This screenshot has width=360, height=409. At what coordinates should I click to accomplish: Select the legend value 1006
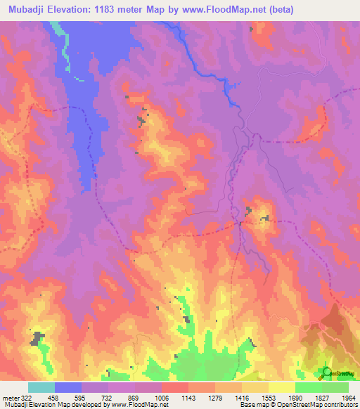[x=162, y=398]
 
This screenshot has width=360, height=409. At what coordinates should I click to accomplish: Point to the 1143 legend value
[x=189, y=398]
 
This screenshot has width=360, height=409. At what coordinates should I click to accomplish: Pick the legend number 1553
[x=269, y=398]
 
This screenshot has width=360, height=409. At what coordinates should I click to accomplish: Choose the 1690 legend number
[x=295, y=398]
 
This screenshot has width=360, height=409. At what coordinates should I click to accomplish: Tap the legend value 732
[x=108, y=398]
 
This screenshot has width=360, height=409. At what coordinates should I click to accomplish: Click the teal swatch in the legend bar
[x=41, y=387]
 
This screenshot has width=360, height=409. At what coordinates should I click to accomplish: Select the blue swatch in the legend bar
[x=67, y=387]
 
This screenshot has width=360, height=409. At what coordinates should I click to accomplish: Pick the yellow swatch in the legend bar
[x=281, y=387]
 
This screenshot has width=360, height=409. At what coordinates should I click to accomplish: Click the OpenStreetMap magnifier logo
[x=327, y=372]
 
